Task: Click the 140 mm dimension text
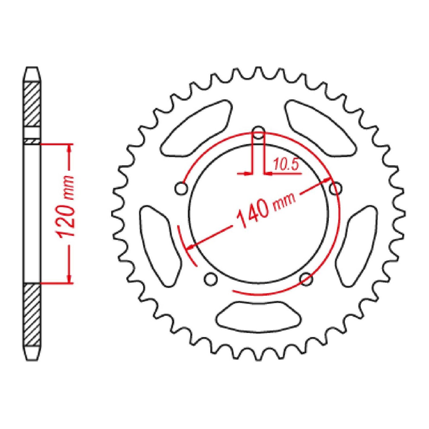coord(266,210)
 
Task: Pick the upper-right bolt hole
coord(336,189)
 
